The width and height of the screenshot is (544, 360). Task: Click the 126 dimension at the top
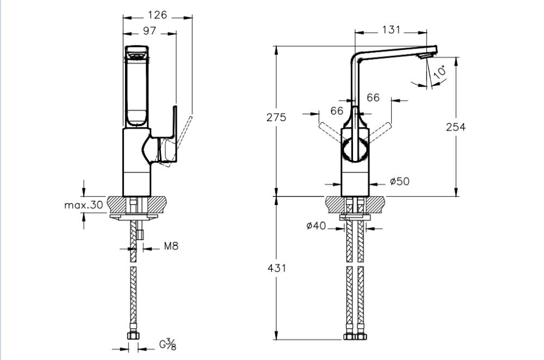coord(158,15)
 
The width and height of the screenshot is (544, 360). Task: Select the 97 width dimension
coord(150,32)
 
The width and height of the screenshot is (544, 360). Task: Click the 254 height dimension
coord(456,127)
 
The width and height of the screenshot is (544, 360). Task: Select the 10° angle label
coord(440,71)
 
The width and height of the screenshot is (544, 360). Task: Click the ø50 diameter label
coord(399,181)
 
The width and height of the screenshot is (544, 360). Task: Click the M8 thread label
coord(171,246)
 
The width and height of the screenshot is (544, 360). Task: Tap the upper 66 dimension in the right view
coord(373,97)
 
